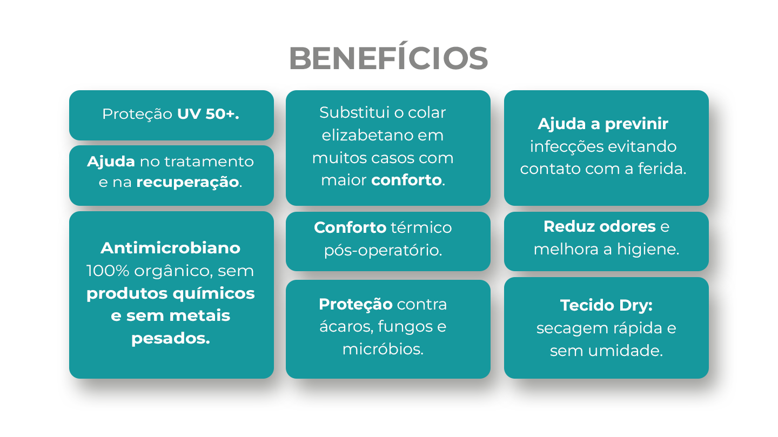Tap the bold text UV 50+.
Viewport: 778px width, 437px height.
point(208,114)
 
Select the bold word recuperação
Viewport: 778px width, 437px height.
point(187,182)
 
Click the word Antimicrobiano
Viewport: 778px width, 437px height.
point(171,248)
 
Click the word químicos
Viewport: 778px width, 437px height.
point(213,294)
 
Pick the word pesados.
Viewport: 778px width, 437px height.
point(171,339)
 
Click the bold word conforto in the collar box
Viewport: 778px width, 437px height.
point(406,180)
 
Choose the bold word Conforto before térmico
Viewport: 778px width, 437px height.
point(350,227)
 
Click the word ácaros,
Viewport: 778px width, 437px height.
point(346,326)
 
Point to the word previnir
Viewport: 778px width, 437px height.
point(636,124)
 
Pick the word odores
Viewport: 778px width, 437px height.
point(627,226)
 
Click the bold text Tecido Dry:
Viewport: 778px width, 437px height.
point(606,306)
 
